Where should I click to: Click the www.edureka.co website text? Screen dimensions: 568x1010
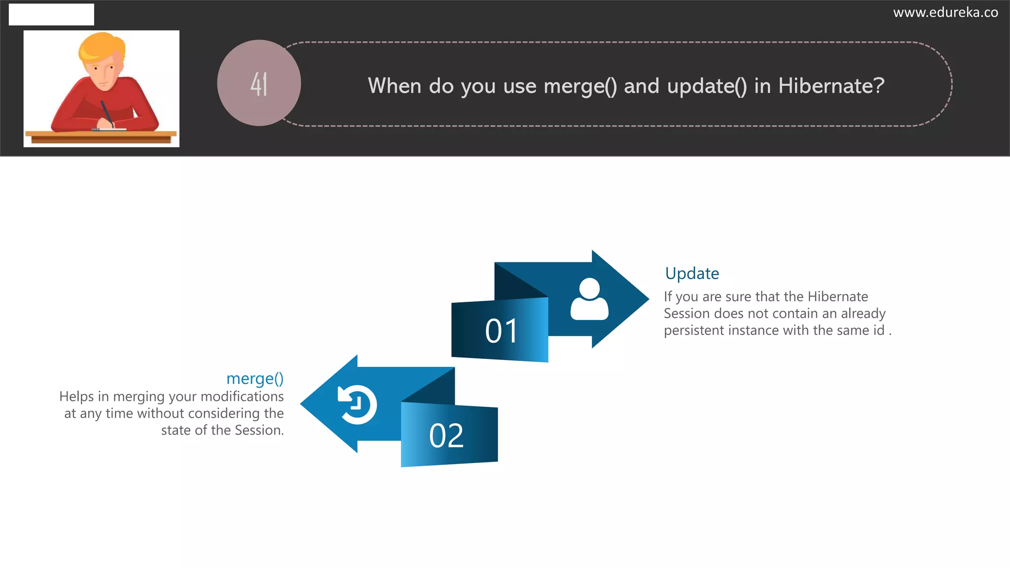pyautogui.click(x=945, y=12)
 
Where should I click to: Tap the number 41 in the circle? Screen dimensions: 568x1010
pyautogui.click(x=259, y=84)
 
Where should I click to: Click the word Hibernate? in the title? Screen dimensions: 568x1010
pyautogui.click(x=831, y=86)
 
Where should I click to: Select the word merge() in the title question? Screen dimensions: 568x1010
pyautogui.click(x=580, y=86)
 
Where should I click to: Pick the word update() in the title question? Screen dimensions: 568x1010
pyautogui.click(x=707, y=86)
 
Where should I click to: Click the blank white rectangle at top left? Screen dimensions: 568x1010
pyautogui.click(x=51, y=14)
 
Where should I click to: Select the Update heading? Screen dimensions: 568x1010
pyautogui.click(x=691, y=273)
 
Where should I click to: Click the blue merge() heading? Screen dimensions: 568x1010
pyautogui.click(x=254, y=378)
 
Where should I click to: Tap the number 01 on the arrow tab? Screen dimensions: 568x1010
pyautogui.click(x=501, y=331)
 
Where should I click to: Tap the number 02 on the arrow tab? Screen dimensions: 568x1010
pyautogui.click(x=446, y=436)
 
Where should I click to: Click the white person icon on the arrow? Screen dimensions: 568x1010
pyautogui.click(x=589, y=299)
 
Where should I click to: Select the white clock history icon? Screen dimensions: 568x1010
pyautogui.click(x=357, y=404)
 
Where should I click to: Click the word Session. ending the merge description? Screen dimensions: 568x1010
pyautogui.click(x=259, y=430)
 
